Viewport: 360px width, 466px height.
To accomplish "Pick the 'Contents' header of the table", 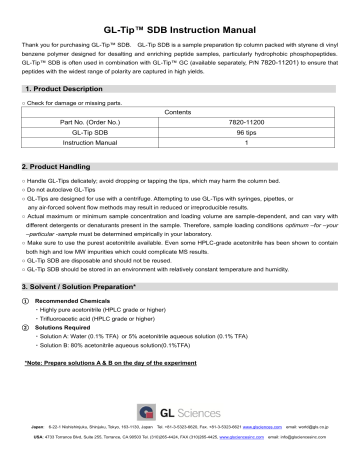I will [x=180, y=114].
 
